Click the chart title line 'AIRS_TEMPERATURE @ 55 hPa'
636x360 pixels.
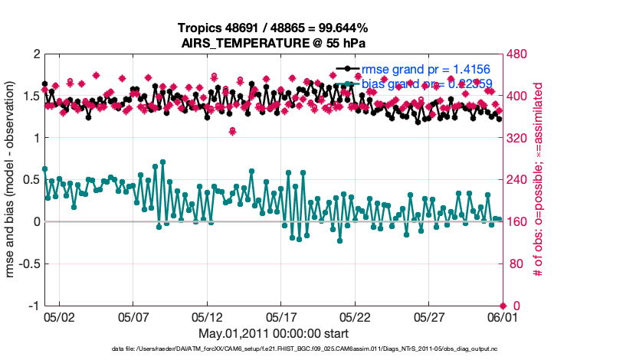tap(273, 43)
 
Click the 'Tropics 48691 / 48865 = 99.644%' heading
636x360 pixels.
tap(273, 28)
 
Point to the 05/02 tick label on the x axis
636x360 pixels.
tap(60, 316)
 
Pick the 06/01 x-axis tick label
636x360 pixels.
tap(502, 316)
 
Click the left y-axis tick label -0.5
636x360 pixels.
tap(28, 264)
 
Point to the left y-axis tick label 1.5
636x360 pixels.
tap(31, 97)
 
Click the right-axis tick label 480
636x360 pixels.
tap(517, 54)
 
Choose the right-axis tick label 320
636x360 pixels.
tap(517, 139)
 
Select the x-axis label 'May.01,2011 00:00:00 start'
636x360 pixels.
tap(273, 334)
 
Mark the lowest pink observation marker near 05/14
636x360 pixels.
tap(232, 131)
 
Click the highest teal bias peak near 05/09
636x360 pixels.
tap(162, 162)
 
